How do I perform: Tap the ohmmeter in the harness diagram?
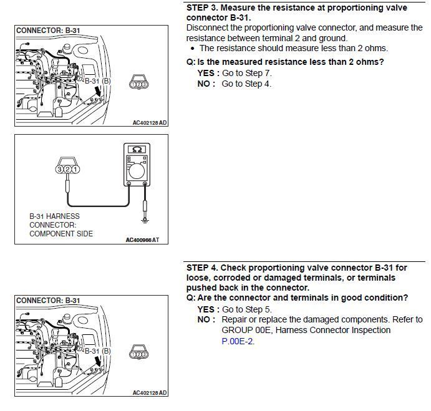click(136, 167)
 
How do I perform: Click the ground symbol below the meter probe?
click(146, 218)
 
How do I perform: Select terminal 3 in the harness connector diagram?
click(59, 169)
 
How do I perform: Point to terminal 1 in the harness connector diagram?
click(75, 169)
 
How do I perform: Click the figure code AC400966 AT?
click(142, 239)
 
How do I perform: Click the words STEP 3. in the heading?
click(202, 7)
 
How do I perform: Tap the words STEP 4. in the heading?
click(202, 267)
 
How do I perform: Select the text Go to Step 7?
click(247, 73)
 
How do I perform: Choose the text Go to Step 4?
click(247, 84)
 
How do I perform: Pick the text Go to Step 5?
click(247, 309)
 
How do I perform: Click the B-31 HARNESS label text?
click(54, 216)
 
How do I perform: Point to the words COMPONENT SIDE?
click(61, 234)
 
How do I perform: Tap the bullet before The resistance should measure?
click(193, 48)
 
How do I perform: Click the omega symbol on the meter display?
click(137, 150)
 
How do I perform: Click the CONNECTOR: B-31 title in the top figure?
click(48, 30)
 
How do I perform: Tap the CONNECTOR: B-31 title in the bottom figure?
click(48, 300)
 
